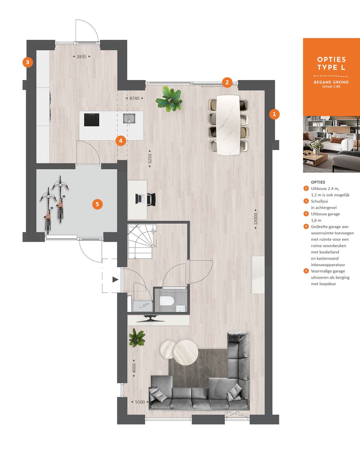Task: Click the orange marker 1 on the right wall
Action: click(x=274, y=114)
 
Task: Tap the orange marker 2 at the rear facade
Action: click(x=227, y=82)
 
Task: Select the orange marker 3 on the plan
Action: click(x=28, y=62)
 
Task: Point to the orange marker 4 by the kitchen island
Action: click(x=121, y=141)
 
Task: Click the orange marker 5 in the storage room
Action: click(x=97, y=204)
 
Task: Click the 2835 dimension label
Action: click(x=82, y=57)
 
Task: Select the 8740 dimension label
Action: click(x=134, y=98)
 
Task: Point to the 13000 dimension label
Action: click(x=256, y=219)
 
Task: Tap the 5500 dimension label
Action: click(x=140, y=402)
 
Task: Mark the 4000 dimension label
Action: click(x=134, y=368)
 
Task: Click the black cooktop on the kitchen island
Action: click(x=92, y=120)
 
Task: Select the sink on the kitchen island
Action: click(x=129, y=118)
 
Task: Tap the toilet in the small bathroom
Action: click(x=167, y=301)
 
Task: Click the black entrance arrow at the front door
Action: click(x=115, y=279)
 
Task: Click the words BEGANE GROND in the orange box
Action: click(x=331, y=82)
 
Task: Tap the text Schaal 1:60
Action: click(x=331, y=87)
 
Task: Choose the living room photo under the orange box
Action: click(x=331, y=144)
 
